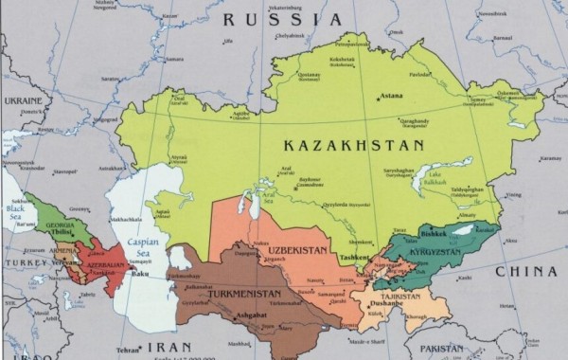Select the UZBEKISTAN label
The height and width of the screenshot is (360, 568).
pyautogui.click(x=296, y=249)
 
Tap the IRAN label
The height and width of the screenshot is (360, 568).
pyautogui.click(x=177, y=347)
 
